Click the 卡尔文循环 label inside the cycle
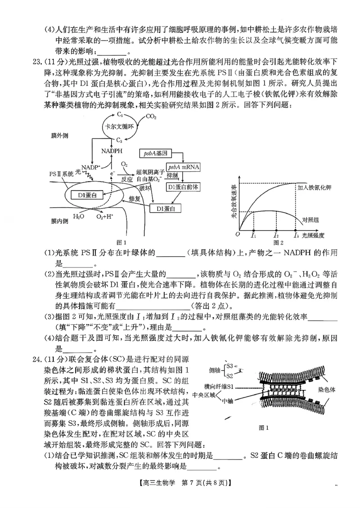(x=119, y=126)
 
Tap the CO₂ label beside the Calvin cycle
(x=152, y=117)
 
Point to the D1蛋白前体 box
(x=183, y=187)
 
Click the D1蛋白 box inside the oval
(x=88, y=195)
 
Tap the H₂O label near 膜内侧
(x=78, y=217)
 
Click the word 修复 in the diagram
(x=135, y=198)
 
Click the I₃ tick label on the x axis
(x=296, y=235)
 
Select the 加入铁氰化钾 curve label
(x=314, y=187)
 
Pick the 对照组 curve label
(x=310, y=220)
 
